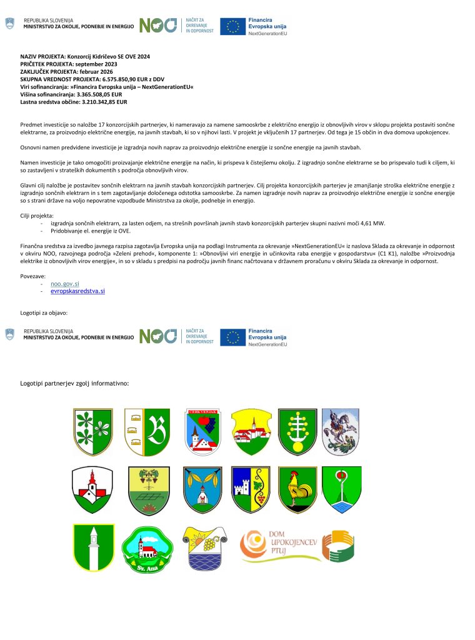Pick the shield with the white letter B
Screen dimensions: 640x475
click(x=147, y=431)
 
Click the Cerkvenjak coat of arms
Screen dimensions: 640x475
click(x=203, y=431)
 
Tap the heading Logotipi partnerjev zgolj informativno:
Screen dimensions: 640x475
click(x=74, y=382)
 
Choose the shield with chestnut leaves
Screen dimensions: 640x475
click(x=92, y=431)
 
